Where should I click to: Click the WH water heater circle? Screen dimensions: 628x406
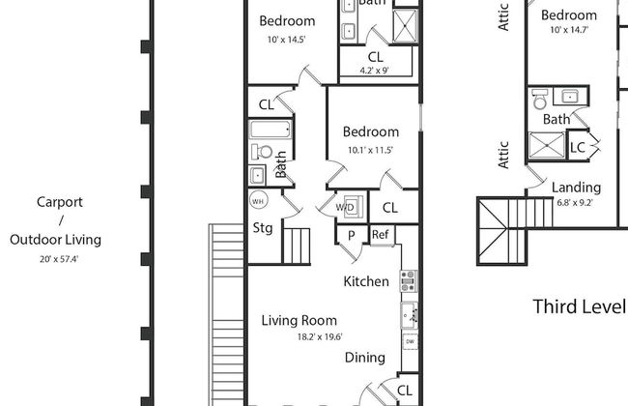[x=258, y=201]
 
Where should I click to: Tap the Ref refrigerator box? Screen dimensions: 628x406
[x=381, y=235]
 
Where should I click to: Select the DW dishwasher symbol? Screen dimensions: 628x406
[x=410, y=342]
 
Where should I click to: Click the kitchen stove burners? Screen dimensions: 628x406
[x=409, y=281]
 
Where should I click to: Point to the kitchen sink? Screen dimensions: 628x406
[x=410, y=315]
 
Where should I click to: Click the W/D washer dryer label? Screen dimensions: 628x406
[x=345, y=207]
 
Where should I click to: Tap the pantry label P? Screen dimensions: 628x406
[x=352, y=235]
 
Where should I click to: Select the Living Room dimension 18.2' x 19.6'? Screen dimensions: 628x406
[x=320, y=336]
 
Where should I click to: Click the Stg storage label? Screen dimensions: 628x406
[x=263, y=228]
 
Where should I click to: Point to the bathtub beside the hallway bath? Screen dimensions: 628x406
[x=271, y=130]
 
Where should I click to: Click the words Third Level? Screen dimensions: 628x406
[x=579, y=306]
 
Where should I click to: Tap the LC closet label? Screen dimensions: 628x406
[x=578, y=148]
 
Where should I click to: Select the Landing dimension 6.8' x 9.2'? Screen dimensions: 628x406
[x=575, y=202]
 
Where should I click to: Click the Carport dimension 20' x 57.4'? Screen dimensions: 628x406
[x=59, y=259]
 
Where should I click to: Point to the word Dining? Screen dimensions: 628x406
[x=365, y=358]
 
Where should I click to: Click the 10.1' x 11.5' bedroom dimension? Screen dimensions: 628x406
[x=370, y=150]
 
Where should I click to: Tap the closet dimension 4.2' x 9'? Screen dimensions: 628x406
[x=375, y=71]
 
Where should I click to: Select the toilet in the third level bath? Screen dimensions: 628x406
[x=540, y=99]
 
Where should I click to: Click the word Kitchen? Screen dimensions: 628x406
[x=366, y=281]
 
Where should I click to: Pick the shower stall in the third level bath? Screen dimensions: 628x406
[x=547, y=145]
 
